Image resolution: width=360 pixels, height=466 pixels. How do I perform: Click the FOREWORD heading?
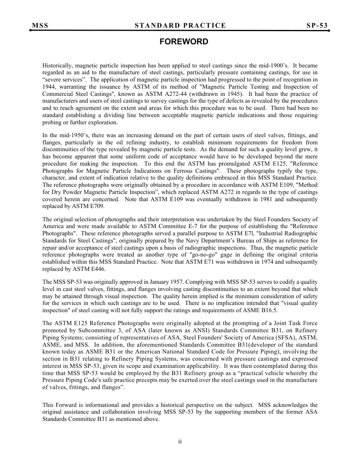pyautogui.click(x=184, y=42)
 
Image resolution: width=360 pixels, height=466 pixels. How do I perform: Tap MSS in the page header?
pyautogui.click(x=40, y=26)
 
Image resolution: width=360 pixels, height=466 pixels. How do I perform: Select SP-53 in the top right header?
pyautogui.click(x=317, y=26)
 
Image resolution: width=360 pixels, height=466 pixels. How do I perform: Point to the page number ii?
pyautogui.click(x=180, y=441)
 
